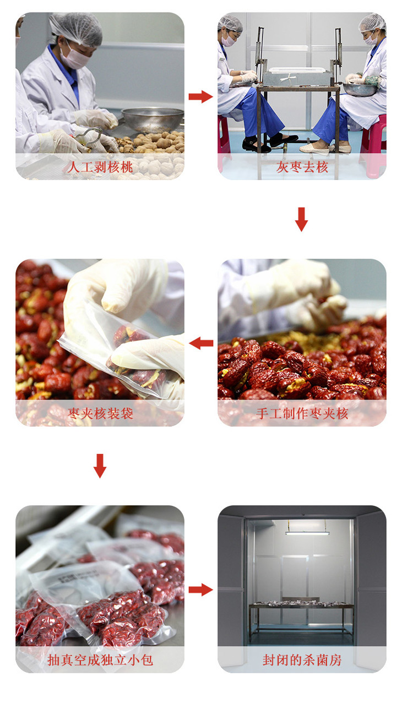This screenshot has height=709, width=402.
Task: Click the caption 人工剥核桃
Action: tap(100, 167)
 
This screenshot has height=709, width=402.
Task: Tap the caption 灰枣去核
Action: tap(302, 167)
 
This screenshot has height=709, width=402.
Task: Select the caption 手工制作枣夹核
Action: tap(302, 413)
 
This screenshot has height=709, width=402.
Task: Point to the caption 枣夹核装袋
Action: tap(100, 413)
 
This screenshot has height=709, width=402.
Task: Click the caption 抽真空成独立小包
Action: tap(100, 660)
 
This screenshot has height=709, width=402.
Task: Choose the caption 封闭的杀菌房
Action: tap(302, 660)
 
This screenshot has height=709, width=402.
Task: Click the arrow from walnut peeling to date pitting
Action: tap(200, 96)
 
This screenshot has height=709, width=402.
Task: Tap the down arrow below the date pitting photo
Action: tap(301, 219)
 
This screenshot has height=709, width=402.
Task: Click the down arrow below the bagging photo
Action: tap(100, 466)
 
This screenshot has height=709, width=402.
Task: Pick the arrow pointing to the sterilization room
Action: tap(200, 590)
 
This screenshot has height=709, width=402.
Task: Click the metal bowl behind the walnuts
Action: tap(153, 119)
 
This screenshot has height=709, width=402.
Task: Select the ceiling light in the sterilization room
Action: tap(307, 533)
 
